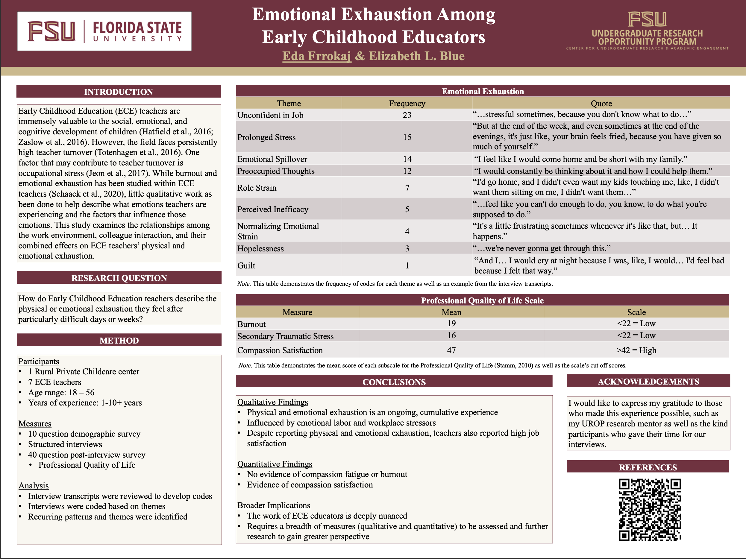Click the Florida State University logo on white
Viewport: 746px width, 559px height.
click(104, 31)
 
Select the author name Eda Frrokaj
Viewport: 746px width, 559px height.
click(316, 56)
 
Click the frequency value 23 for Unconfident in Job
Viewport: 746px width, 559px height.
click(407, 115)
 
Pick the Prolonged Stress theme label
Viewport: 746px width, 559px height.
click(266, 137)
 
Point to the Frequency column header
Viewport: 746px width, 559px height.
click(407, 103)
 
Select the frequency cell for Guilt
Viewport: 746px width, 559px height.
click(407, 266)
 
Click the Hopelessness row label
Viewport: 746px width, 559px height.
click(260, 248)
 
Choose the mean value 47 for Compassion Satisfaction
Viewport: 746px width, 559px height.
click(451, 350)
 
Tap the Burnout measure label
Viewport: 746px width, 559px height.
click(251, 324)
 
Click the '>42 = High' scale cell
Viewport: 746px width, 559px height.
click(636, 350)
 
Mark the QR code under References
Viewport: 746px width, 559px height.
click(650, 509)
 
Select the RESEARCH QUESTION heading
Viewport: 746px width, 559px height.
click(119, 278)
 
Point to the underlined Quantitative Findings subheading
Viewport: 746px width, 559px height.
click(275, 464)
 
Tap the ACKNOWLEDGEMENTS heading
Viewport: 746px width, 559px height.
click(648, 381)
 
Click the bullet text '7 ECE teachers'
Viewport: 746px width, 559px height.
click(55, 382)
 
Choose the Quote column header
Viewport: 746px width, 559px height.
click(601, 103)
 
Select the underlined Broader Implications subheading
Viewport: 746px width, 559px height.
click(274, 505)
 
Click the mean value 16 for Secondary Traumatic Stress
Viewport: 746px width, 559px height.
click(451, 335)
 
